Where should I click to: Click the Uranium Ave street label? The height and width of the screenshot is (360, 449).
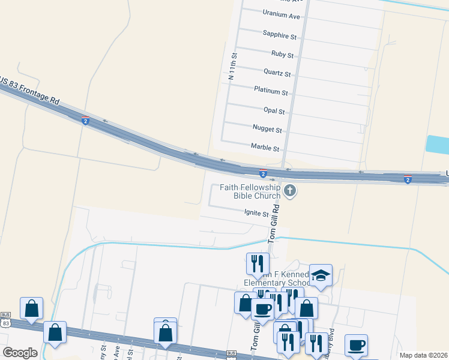281,16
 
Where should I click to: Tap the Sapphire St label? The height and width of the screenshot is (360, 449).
280,37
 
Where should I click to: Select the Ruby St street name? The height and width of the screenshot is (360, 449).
282,55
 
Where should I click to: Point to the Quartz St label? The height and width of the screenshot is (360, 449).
277,73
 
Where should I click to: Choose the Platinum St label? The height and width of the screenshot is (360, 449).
271,92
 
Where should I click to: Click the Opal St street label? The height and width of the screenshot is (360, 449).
274,111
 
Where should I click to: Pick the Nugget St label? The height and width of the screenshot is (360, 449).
267,129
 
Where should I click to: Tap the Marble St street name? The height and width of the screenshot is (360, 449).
265,148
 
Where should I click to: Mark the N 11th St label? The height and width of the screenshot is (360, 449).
233,67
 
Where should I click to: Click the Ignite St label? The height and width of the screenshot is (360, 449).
256,212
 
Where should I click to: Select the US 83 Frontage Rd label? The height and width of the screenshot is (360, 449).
30,91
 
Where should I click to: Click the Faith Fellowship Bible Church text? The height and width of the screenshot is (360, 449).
250,191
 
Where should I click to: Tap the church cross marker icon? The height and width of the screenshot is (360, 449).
290,191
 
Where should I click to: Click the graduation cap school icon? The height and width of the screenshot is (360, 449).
321,275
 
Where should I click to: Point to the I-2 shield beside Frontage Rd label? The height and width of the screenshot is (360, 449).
86,121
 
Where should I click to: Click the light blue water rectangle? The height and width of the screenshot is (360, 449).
436,145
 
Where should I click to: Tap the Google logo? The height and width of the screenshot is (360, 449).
20,353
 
